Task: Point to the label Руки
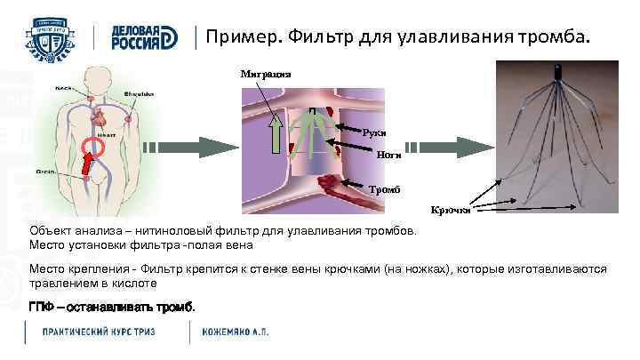[374, 132]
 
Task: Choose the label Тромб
[387, 188]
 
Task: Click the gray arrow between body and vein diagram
[185, 146]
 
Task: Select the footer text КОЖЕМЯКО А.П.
[236, 332]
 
